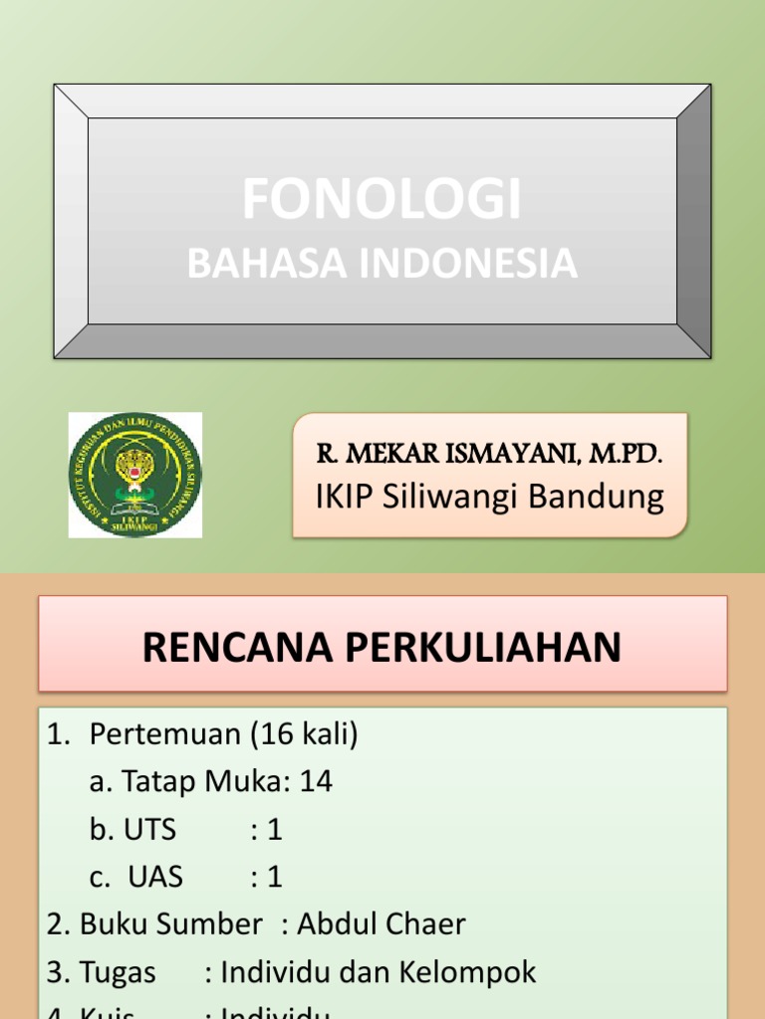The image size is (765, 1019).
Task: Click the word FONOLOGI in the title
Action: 382,200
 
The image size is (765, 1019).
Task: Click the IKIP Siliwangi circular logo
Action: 134,475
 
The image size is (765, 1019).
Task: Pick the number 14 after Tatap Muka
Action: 315,782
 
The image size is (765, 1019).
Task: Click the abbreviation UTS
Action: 150,829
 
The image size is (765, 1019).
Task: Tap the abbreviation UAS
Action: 154,877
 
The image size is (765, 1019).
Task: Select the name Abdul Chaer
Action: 382,924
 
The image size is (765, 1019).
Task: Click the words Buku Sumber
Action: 170,924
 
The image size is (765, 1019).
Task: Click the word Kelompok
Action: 469,972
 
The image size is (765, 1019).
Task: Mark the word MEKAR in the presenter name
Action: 382,455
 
